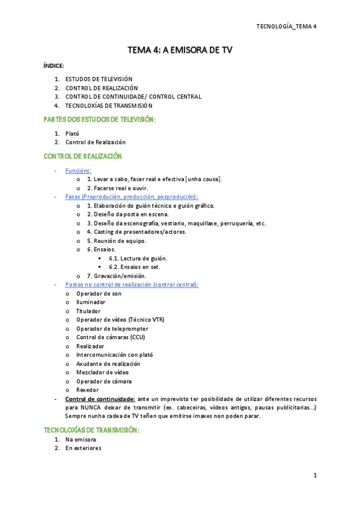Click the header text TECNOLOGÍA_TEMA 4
286,26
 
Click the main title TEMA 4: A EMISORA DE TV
180,51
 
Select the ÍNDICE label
53,66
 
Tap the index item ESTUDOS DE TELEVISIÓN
99,79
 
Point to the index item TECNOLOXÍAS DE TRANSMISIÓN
109,105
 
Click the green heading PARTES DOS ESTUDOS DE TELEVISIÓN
100,120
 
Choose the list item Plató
72,134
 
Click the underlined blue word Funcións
78,171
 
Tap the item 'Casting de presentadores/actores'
136,232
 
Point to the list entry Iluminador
91,302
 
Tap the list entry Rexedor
88,390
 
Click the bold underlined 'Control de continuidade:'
99,399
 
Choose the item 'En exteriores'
84,448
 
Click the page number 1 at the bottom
314,476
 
